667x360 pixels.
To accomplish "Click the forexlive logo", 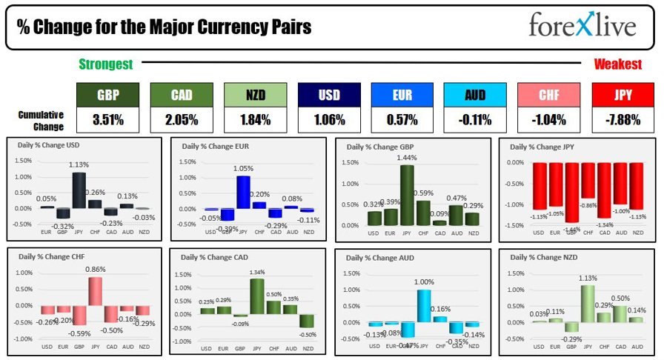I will coord(583,26).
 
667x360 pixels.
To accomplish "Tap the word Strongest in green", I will coord(106,64).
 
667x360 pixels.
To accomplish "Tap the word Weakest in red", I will coord(617,64).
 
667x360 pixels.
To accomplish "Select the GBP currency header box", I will coord(107,94).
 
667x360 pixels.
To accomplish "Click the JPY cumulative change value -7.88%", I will coord(623,119).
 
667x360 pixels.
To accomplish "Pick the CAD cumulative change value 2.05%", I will coord(181,119).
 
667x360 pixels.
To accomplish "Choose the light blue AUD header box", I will coord(475,94).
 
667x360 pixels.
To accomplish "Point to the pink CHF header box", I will coord(548,94).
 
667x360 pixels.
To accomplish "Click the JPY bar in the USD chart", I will coord(79,190).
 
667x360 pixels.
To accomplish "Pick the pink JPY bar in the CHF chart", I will coord(95,291).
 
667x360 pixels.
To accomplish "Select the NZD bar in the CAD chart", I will coord(307,320).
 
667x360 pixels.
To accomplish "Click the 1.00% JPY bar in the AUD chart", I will coord(424,305).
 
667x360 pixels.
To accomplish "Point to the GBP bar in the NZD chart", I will coord(571,326).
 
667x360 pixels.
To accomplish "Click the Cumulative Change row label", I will coord(42,119).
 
